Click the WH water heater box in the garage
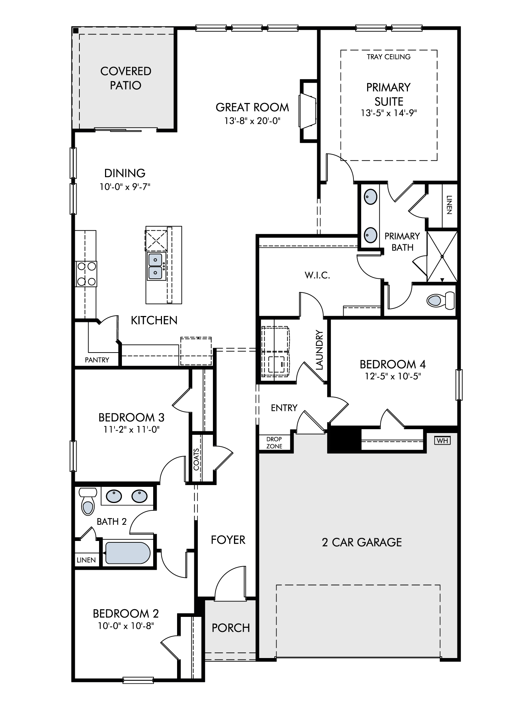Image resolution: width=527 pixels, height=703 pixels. pyautogui.click(x=442, y=440)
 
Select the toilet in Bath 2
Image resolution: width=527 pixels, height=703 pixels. pyautogui.click(x=88, y=501)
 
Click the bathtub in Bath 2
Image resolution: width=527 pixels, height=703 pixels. pyautogui.click(x=128, y=553)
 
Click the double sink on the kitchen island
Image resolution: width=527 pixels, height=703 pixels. pyautogui.click(x=155, y=266)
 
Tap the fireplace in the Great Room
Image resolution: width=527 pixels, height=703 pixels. pyautogui.click(x=308, y=111)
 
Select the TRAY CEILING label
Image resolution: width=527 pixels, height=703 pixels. pyautogui.click(x=389, y=57)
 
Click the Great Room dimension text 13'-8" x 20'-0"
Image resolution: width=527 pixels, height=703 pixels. pyautogui.click(x=252, y=121)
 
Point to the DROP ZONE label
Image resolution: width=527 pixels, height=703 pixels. pyautogui.click(x=274, y=443)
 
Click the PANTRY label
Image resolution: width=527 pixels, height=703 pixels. pyautogui.click(x=97, y=360)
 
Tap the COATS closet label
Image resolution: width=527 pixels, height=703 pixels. pyautogui.click(x=196, y=459)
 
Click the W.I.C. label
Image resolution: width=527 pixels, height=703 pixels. pyautogui.click(x=317, y=275)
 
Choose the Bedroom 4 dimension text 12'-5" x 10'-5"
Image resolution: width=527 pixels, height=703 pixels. pyautogui.click(x=393, y=376)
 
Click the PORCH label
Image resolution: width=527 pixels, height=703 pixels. pyautogui.click(x=231, y=628)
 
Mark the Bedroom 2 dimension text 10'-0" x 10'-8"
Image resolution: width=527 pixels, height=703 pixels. pyautogui.click(x=126, y=626)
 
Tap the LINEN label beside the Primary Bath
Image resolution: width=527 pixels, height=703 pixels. pyautogui.click(x=449, y=205)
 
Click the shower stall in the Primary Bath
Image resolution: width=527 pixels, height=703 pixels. pyautogui.click(x=442, y=256)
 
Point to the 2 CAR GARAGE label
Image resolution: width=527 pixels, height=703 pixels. pyautogui.click(x=362, y=542)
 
